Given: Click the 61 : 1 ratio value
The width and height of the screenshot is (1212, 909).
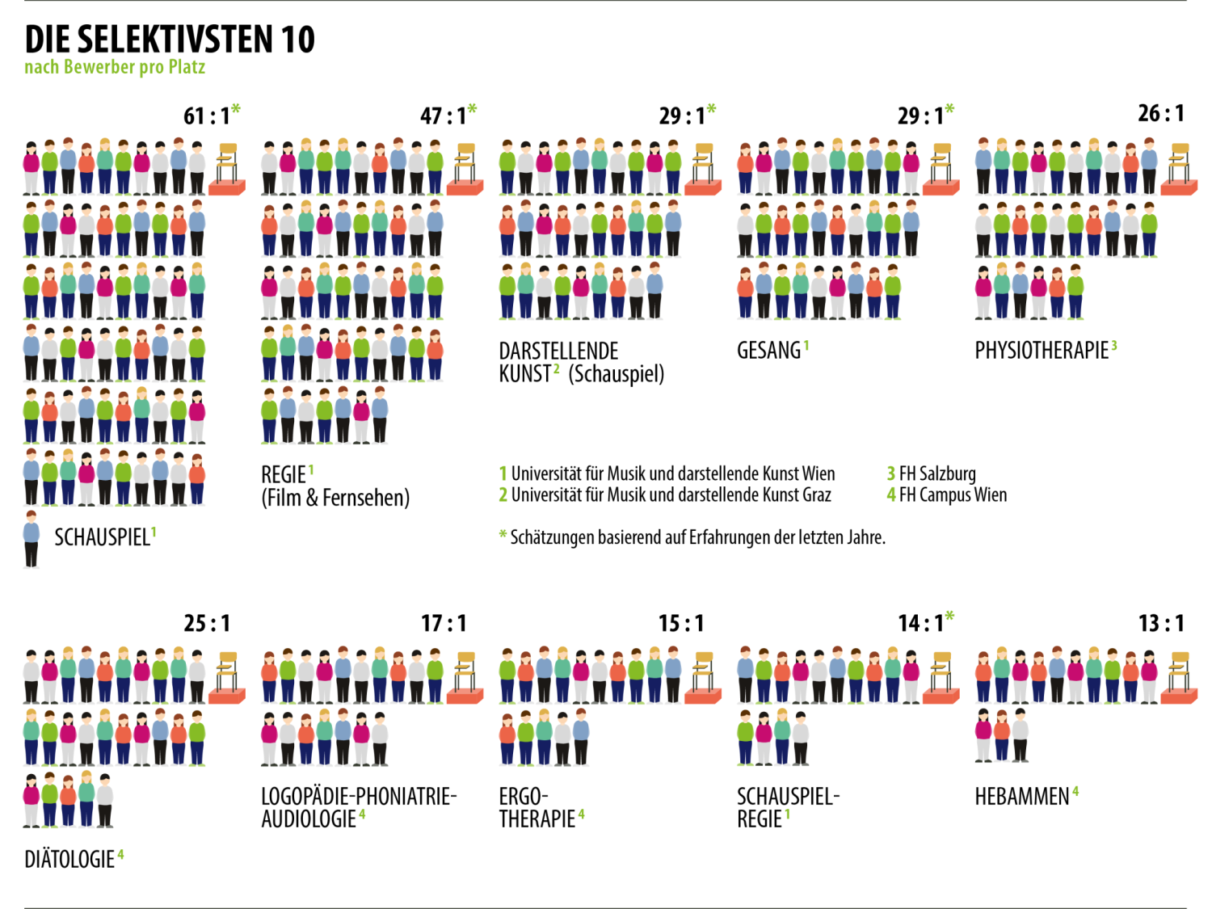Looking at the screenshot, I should [206, 116].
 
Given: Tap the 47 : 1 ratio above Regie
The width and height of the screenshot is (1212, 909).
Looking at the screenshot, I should [443, 116].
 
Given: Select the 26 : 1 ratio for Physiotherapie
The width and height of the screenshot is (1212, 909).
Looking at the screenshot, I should [1161, 114].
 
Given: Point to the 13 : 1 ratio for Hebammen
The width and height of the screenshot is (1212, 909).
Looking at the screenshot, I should [1161, 624].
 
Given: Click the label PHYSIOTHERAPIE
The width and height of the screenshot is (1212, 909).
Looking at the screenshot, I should [1042, 351].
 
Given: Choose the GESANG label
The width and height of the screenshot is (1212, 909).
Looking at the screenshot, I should [768, 351].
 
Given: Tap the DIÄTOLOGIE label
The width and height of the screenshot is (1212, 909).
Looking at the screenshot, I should [69, 860].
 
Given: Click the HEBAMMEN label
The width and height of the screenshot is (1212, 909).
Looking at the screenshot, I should [1022, 797].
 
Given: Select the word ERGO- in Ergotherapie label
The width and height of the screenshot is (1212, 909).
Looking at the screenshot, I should [524, 797].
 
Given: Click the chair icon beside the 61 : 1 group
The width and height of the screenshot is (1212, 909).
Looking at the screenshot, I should [227, 169].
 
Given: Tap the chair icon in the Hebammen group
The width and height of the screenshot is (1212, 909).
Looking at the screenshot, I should [1180, 677].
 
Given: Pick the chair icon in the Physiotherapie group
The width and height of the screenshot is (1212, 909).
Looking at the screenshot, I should [1180, 169].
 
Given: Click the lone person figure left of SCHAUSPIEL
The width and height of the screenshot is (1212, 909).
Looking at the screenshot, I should [32, 539].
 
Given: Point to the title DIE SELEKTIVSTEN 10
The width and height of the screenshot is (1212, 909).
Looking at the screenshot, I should [170, 39].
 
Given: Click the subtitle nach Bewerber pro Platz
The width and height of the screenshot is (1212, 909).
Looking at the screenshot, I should [115, 67].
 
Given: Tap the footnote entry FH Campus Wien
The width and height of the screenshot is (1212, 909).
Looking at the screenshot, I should [953, 494].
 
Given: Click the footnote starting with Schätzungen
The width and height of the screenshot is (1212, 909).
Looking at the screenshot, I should [697, 537].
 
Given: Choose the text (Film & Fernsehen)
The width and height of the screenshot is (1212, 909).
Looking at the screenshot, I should [335, 498].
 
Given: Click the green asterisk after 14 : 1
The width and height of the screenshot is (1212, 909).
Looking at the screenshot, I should [949, 617].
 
